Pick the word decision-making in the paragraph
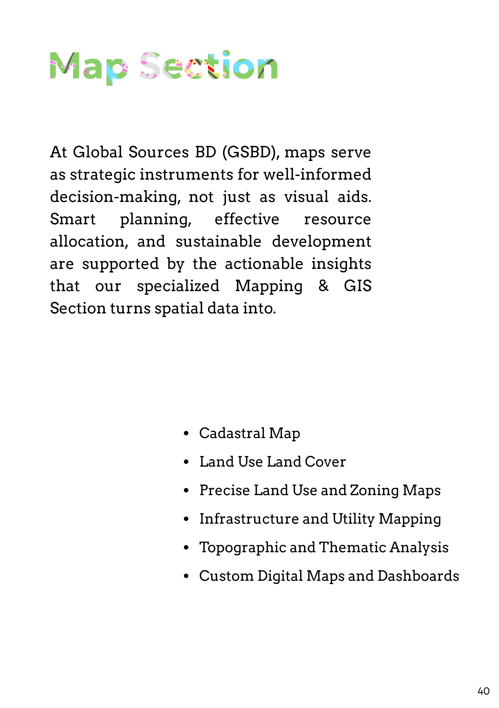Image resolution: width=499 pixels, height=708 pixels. tap(115, 197)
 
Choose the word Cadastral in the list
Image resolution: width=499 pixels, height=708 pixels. tap(232, 433)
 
